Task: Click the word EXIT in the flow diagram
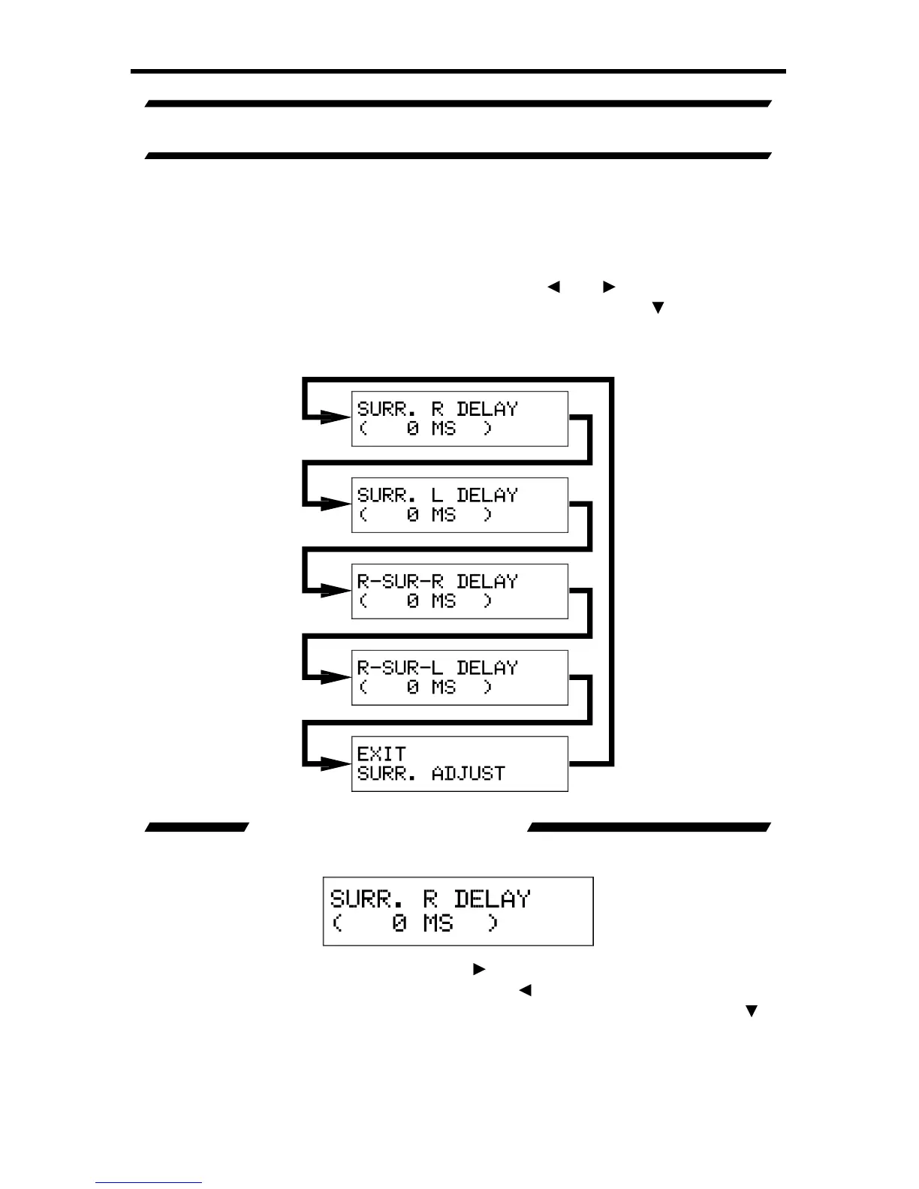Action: (381, 754)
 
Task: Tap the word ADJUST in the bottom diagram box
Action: (469, 774)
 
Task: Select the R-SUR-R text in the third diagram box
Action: (400, 582)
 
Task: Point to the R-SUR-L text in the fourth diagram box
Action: (400, 668)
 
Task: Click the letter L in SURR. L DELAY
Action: (437, 495)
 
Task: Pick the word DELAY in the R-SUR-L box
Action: (487, 668)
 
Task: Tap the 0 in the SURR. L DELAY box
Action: (413, 515)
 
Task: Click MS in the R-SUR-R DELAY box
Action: (444, 601)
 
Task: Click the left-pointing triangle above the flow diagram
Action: (553, 287)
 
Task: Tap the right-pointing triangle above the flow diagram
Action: (609, 287)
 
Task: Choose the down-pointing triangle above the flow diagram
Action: (658, 308)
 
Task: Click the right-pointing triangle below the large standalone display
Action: (478, 969)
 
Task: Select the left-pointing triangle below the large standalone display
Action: (525, 990)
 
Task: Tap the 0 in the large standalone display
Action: (399, 923)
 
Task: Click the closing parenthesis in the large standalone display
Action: (492, 923)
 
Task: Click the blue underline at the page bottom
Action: (148, 1183)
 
